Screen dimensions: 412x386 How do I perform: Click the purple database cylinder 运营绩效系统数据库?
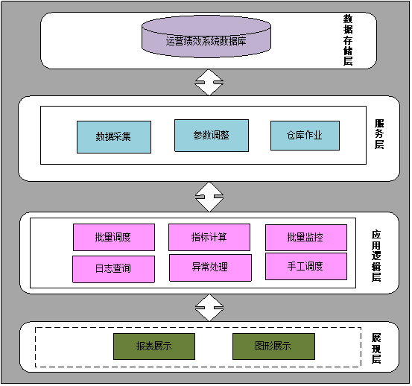[x=206, y=37]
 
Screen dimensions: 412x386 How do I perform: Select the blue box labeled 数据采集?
[x=114, y=137]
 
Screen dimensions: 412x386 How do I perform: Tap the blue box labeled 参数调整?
[x=212, y=136]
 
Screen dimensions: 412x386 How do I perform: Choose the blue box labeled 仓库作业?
[x=305, y=136]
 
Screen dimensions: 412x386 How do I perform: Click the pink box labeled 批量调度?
[x=114, y=237]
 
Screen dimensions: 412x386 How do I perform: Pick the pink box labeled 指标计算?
[x=209, y=237]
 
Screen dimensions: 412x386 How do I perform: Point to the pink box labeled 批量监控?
[x=306, y=238]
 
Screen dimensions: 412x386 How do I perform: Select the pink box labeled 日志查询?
[x=113, y=269]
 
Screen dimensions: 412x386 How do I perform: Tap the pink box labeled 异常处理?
[x=210, y=268]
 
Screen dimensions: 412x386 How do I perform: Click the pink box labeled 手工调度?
[x=306, y=267]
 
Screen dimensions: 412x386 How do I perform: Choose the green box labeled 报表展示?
[x=154, y=347]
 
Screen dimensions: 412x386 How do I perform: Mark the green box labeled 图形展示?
[x=273, y=347]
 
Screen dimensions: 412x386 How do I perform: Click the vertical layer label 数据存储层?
[x=348, y=39]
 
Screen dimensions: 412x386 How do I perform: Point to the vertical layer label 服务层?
[x=379, y=134]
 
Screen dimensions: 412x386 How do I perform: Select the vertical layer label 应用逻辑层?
[x=376, y=256]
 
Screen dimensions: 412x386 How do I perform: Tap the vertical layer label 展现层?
[x=376, y=349]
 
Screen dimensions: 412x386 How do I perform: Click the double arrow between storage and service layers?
[x=209, y=82]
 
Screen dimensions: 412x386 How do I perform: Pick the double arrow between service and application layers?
[x=209, y=197]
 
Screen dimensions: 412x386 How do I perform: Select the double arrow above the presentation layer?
[x=209, y=308]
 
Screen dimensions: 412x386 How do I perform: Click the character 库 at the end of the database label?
[x=241, y=41]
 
